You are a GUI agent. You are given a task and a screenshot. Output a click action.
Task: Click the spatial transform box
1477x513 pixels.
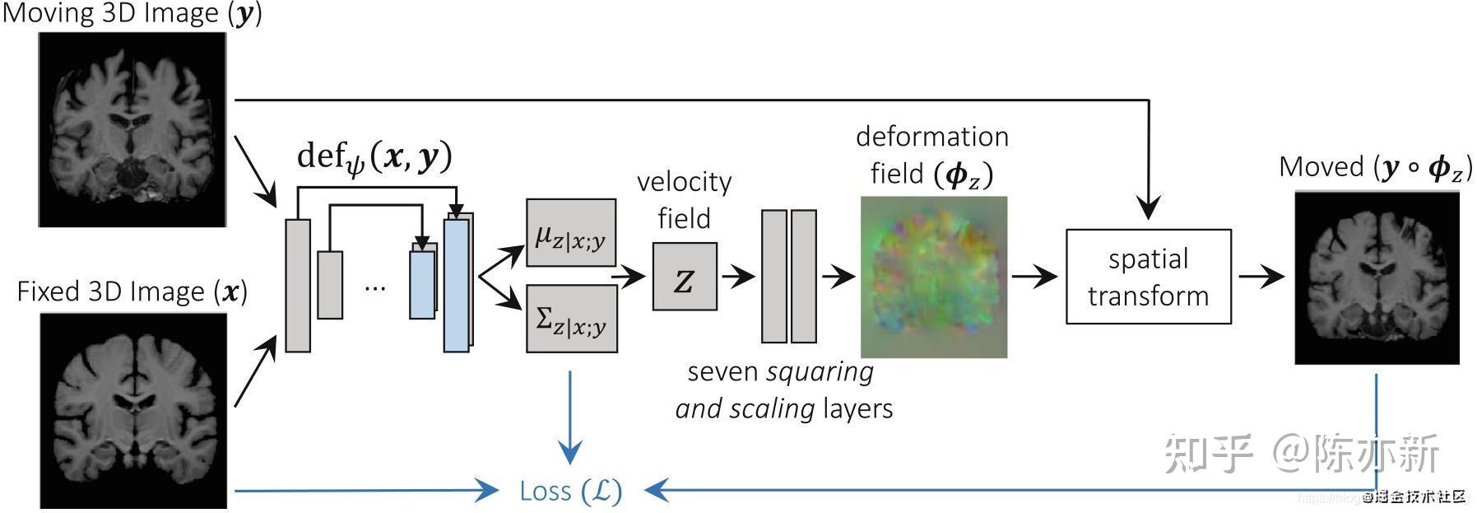click(x=1148, y=277)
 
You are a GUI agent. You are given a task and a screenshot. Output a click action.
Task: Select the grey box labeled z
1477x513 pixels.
click(x=684, y=277)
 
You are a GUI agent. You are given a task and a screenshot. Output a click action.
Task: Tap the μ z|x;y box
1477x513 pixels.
click(x=570, y=233)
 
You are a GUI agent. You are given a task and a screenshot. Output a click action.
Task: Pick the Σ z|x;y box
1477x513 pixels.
click(x=571, y=319)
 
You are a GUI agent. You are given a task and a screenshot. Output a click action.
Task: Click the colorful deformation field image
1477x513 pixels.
click(x=933, y=277)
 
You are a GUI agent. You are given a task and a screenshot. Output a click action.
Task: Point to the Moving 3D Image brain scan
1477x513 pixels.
click(x=132, y=130)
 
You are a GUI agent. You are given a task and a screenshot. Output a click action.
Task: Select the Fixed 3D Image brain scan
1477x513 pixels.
click(x=132, y=410)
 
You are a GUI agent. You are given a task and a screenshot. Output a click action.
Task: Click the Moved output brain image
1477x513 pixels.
click(x=1376, y=278)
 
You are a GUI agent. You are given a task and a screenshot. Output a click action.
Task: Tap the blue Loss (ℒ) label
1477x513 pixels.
click(x=570, y=492)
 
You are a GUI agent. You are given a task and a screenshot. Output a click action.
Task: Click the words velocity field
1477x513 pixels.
click(x=684, y=199)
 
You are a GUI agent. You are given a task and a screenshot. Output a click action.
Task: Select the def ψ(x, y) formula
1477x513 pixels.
click(x=374, y=156)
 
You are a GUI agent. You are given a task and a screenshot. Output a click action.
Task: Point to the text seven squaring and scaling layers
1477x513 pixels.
click(x=783, y=389)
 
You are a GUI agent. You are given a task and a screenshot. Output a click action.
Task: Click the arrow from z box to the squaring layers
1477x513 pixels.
click(x=737, y=276)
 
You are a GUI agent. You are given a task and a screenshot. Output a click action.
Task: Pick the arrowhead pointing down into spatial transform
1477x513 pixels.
click(x=1148, y=209)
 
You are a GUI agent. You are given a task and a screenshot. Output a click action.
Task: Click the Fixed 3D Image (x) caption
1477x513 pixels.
click(x=132, y=291)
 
